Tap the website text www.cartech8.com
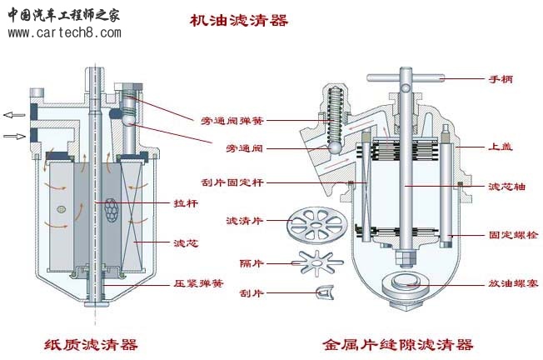tap(64, 32)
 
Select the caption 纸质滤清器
tap(92, 344)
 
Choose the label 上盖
tap(501, 147)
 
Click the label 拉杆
tap(186, 202)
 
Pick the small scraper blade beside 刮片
tap(325, 292)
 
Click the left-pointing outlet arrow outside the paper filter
tap(14, 114)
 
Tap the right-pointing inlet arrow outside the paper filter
tap(14, 135)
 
